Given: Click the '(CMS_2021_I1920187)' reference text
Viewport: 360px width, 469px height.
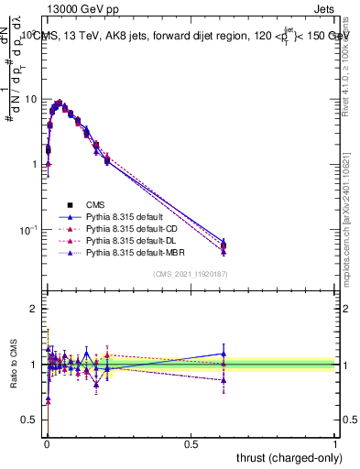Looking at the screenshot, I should tap(190, 274).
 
